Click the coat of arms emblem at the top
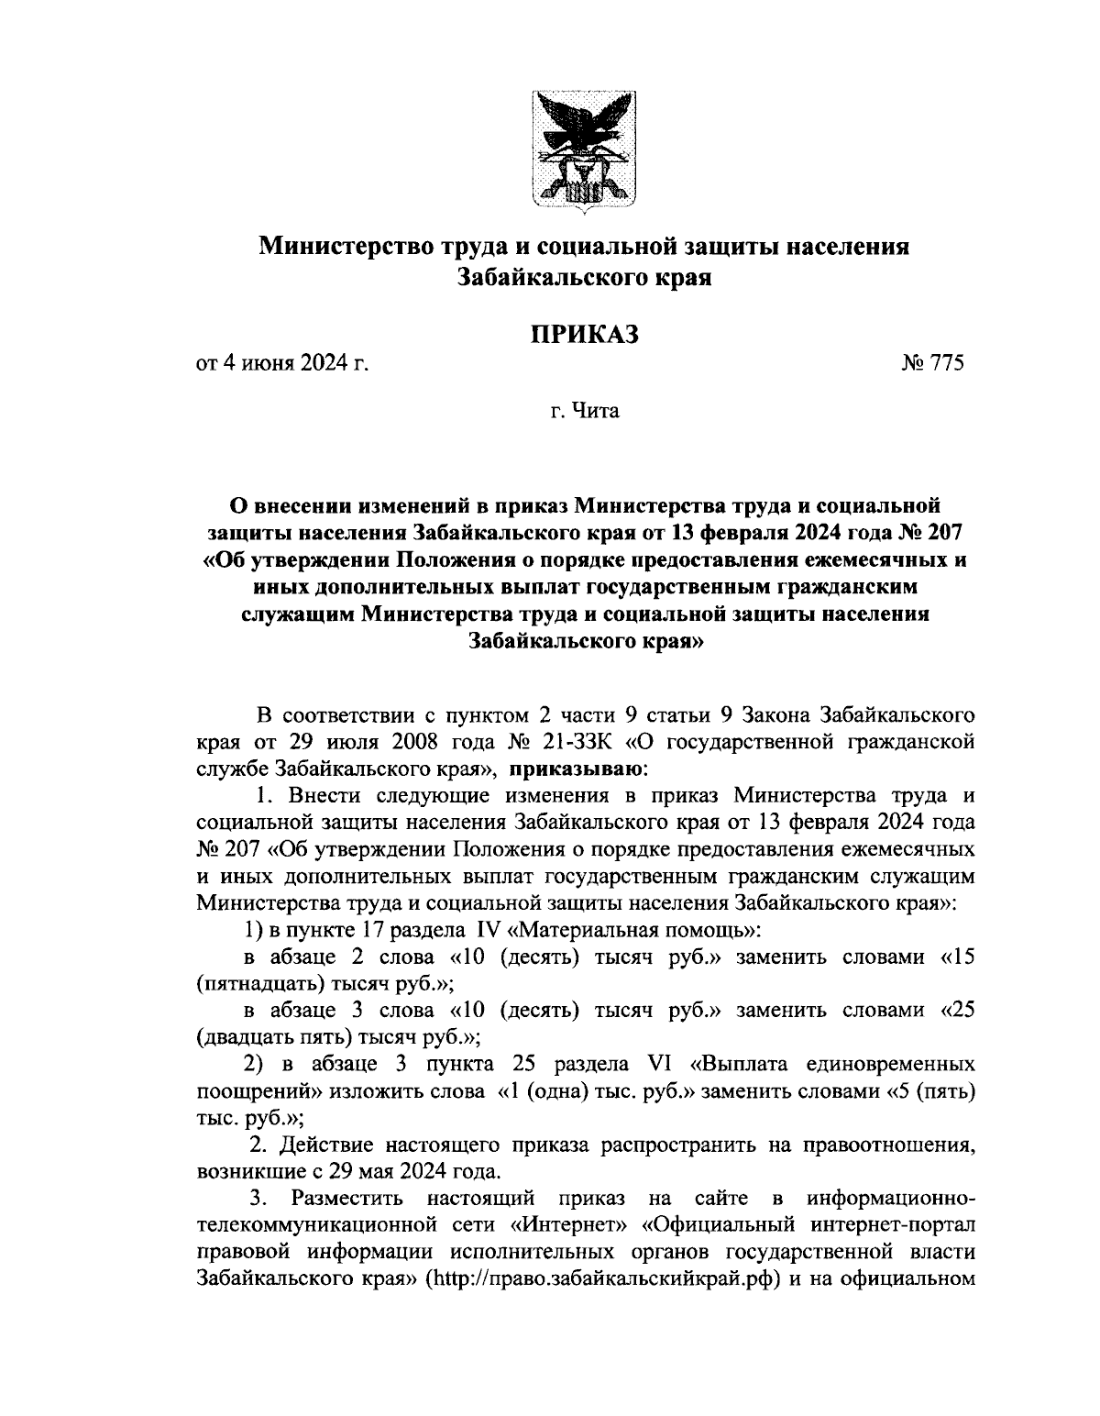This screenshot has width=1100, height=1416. [585, 150]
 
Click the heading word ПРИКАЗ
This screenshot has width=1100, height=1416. [584, 335]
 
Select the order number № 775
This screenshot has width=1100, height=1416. [933, 364]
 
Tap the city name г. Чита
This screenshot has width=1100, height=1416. [584, 412]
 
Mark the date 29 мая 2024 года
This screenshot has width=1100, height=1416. [425, 1171]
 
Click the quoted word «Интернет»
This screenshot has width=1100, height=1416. [565, 1224]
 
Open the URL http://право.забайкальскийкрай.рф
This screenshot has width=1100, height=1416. [606, 1278]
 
